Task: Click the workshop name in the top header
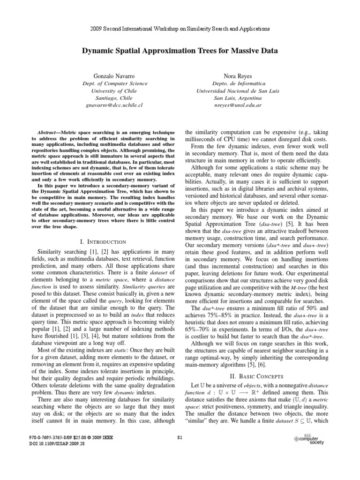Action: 180,29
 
